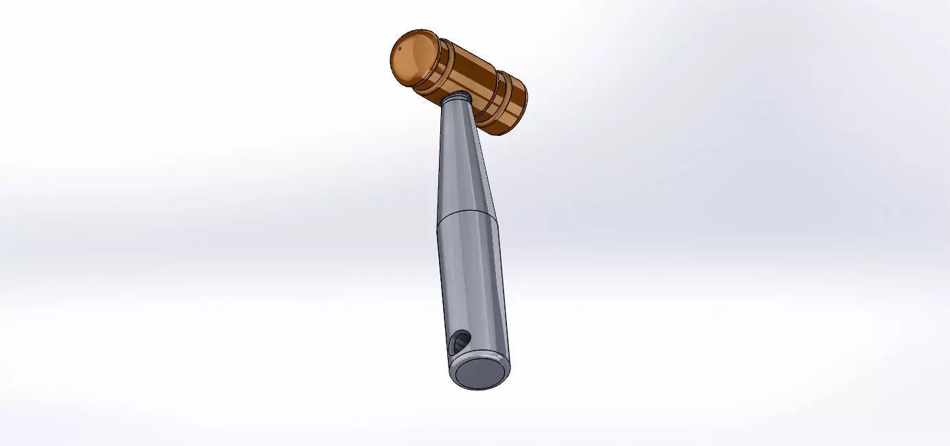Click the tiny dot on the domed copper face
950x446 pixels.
pos(399,49)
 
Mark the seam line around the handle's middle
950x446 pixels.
pos(467,212)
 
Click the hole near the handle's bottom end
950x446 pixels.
pos(460,341)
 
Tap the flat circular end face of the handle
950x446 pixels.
pos(480,374)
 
